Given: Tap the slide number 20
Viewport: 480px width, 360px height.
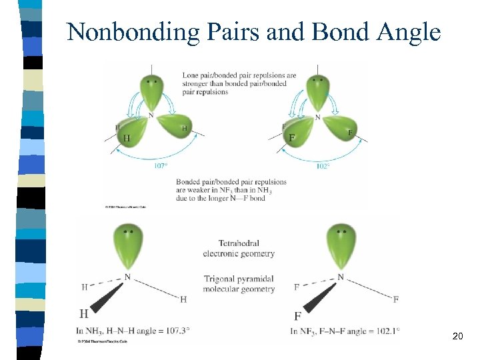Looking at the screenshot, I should pyautogui.click(x=457, y=336).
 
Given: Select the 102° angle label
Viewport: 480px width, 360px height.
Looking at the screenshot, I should pyautogui.click(x=323, y=166).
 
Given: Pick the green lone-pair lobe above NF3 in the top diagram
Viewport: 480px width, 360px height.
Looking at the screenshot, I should pyautogui.click(x=318, y=91).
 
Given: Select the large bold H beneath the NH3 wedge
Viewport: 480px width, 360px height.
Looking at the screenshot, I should pyautogui.click(x=84, y=313).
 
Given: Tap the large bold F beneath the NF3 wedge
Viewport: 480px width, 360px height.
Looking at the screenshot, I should pyautogui.click(x=298, y=315).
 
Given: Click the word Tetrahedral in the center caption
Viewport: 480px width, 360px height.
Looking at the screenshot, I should pyautogui.click(x=239, y=243).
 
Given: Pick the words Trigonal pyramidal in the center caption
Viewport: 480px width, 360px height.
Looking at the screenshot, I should pyautogui.click(x=239, y=279).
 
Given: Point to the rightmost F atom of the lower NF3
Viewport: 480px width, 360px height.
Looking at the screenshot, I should pyautogui.click(x=395, y=299).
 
